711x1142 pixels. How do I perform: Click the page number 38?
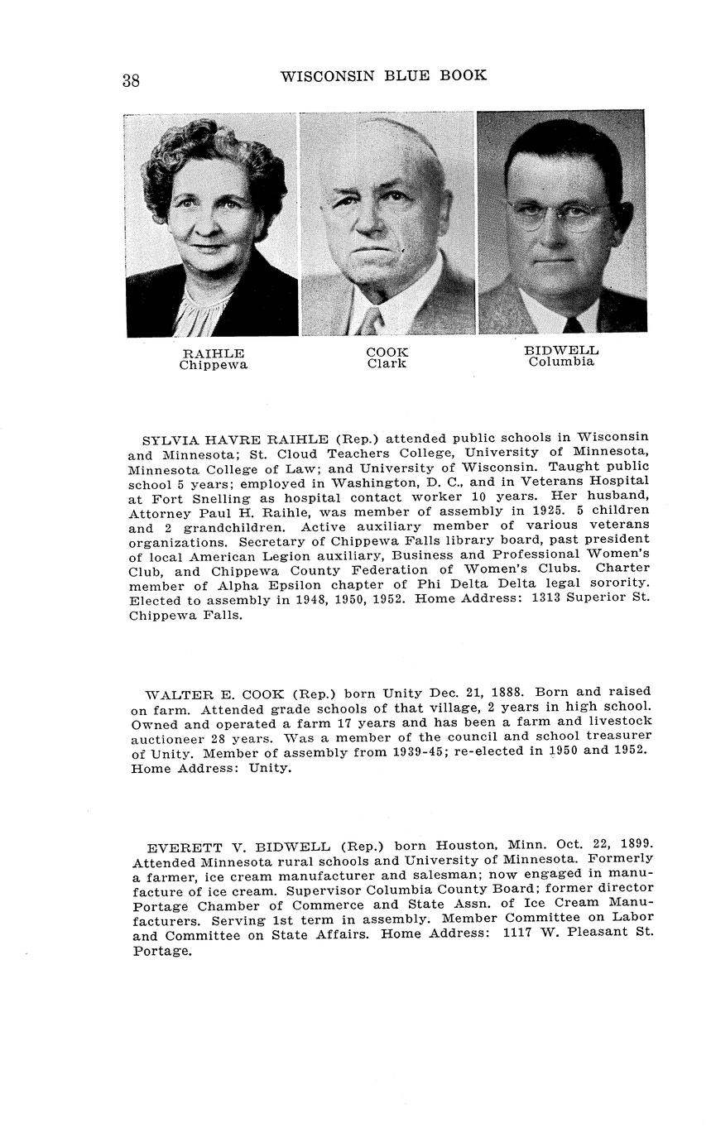(131, 80)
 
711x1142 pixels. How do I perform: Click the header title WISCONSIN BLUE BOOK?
(383, 76)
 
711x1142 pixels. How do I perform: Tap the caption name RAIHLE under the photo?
(213, 353)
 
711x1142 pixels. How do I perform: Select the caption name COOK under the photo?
(387, 352)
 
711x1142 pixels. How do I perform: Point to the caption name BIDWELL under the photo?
(561, 350)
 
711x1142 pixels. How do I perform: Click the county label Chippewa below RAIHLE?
(213, 365)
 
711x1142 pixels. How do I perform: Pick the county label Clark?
(387, 363)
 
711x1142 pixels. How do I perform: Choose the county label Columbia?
(561, 362)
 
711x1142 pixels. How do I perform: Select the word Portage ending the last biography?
(161, 951)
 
